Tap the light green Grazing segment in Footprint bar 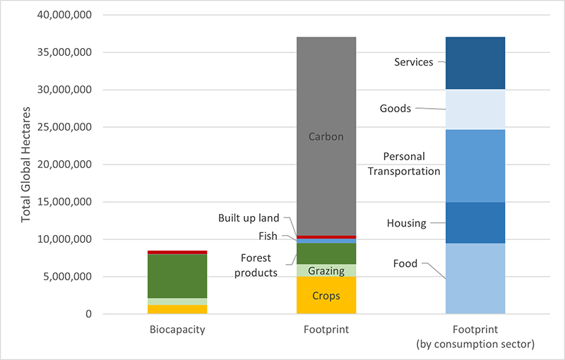coord(326,270)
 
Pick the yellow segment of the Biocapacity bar coord(177,309)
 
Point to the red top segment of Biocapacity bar coord(177,252)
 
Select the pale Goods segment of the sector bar coord(475,109)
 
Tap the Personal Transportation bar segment coord(475,166)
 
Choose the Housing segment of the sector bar coord(475,222)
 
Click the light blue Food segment coord(475,278)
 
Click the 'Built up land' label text coord(248,218)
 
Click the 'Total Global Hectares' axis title coord(26,164)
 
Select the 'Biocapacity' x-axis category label coord(177,329)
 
